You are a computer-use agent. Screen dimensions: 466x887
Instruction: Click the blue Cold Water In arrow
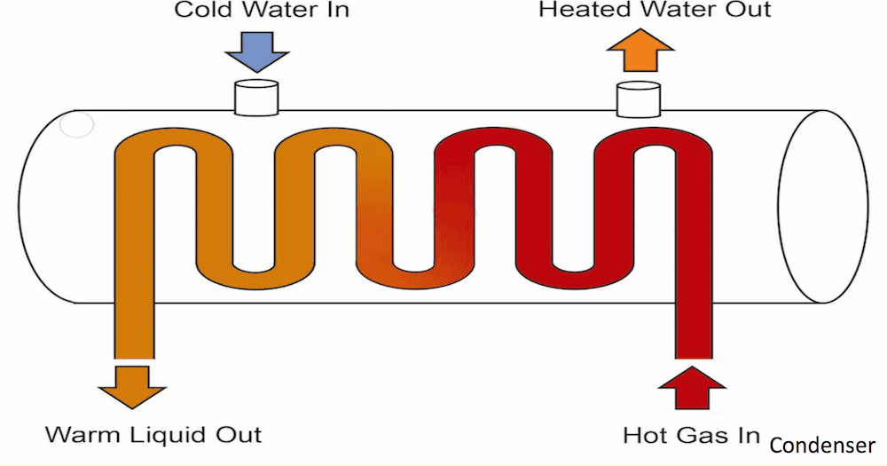257,51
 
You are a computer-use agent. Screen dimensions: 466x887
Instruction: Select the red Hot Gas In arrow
692,386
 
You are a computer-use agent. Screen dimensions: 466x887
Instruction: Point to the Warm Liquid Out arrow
132,384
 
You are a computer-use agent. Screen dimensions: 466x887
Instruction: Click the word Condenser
822,445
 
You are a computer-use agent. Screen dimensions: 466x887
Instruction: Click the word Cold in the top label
201,11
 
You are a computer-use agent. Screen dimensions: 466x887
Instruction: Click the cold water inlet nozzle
256,97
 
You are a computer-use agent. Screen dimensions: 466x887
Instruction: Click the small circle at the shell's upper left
76,127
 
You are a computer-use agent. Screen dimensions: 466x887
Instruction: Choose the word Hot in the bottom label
644,436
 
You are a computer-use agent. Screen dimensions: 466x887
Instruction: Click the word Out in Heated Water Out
745,11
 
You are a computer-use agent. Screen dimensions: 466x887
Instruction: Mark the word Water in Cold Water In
279,11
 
